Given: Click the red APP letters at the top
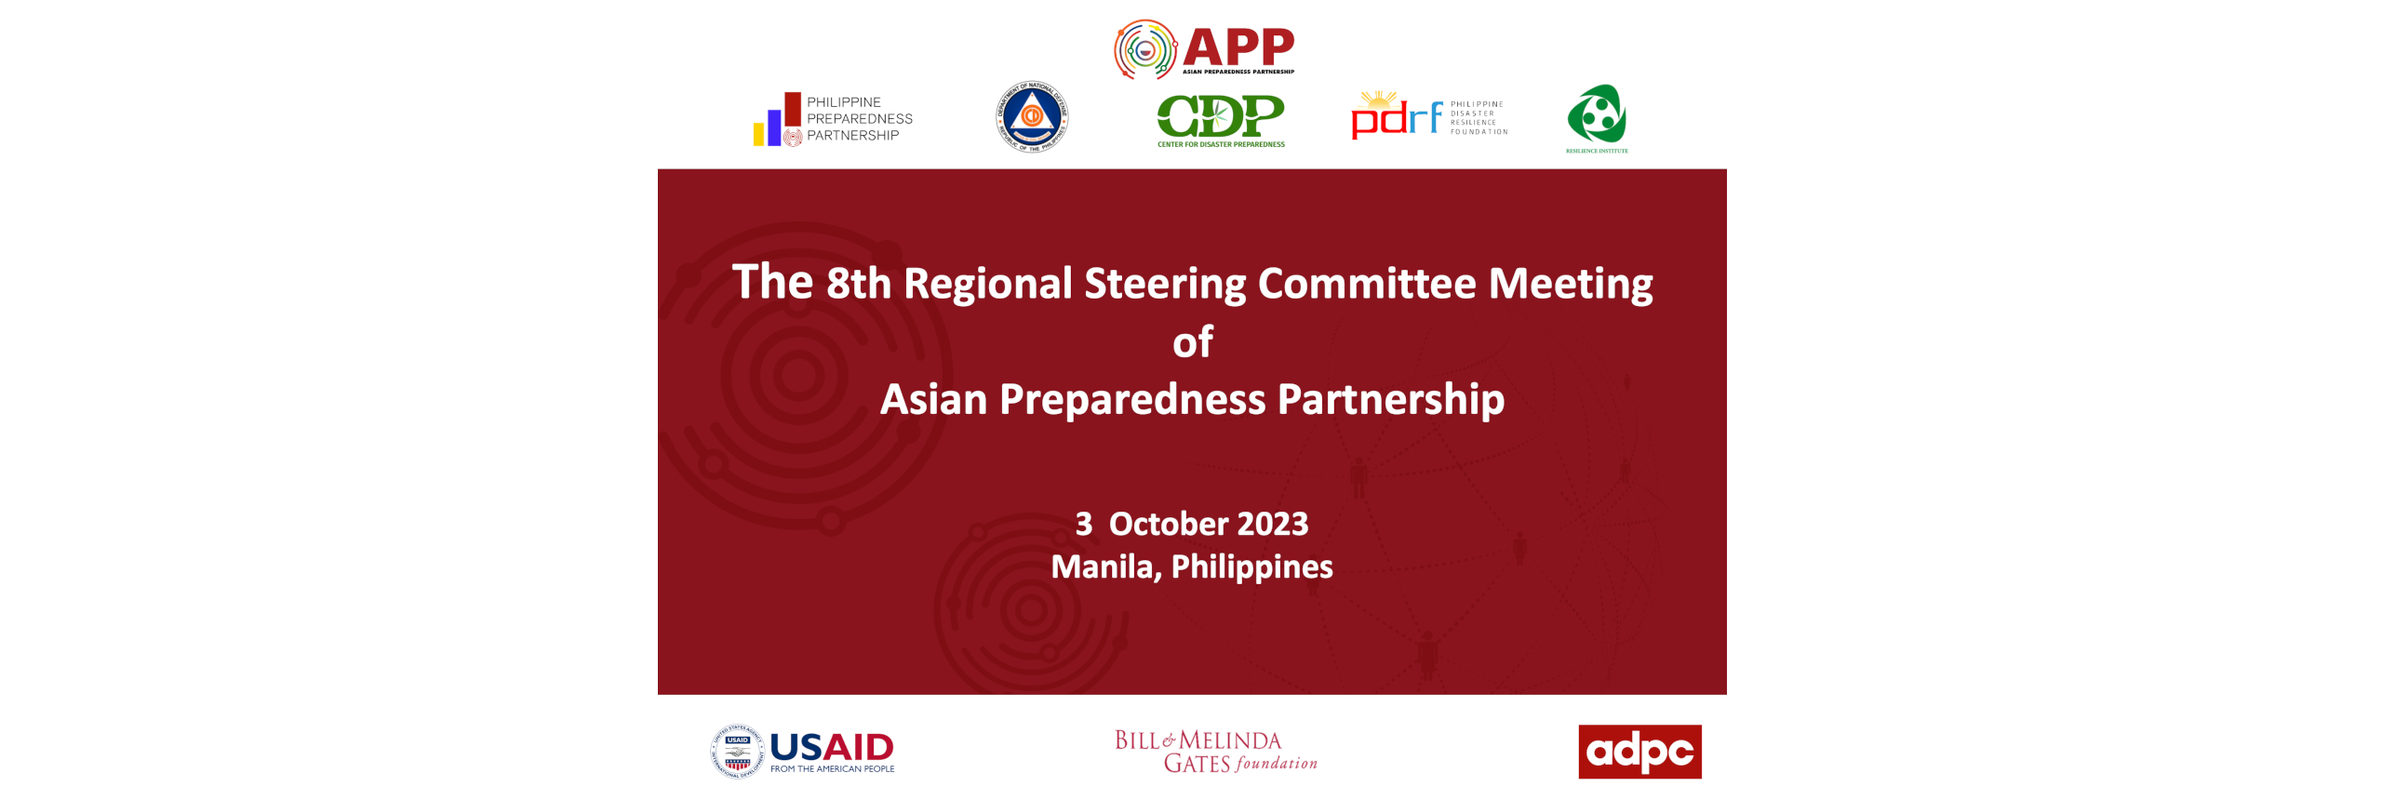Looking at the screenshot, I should pyautogui.click(x=1238, y=47).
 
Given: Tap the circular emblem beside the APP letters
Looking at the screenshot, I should pyautogui.click(x=1145, y=50).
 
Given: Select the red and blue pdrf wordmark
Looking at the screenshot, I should pyautogui.click(x=1396, y=118).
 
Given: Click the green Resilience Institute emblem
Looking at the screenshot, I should pyautogui.click(x=1597, y=114).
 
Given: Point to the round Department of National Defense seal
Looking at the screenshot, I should pyautogui.click(x=1032, y=116).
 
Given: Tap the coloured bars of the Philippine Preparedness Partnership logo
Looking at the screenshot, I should pyautogui.click(x=777, y=121).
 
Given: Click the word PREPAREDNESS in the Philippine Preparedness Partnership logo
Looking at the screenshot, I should pyautogui.click(x=859, y=119).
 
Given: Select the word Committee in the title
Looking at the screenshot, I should pyautogui.click(x=1366, y=284).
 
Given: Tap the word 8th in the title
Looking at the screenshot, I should pyautogui.click(x=858, y=284).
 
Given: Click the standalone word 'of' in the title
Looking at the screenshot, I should pyautogui.click(x=1192, y=342).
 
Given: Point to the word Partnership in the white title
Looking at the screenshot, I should pyautogui.click(x=1390, y=400).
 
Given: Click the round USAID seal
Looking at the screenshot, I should pyautogui.click(x=737, y=752).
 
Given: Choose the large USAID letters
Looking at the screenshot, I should pyautogui.click(x=832, y=746).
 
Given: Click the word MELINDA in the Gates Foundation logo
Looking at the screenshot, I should pyautogui.click(x=1230, y=740).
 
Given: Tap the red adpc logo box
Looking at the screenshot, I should pyautogui.click(x=1639, y=752).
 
